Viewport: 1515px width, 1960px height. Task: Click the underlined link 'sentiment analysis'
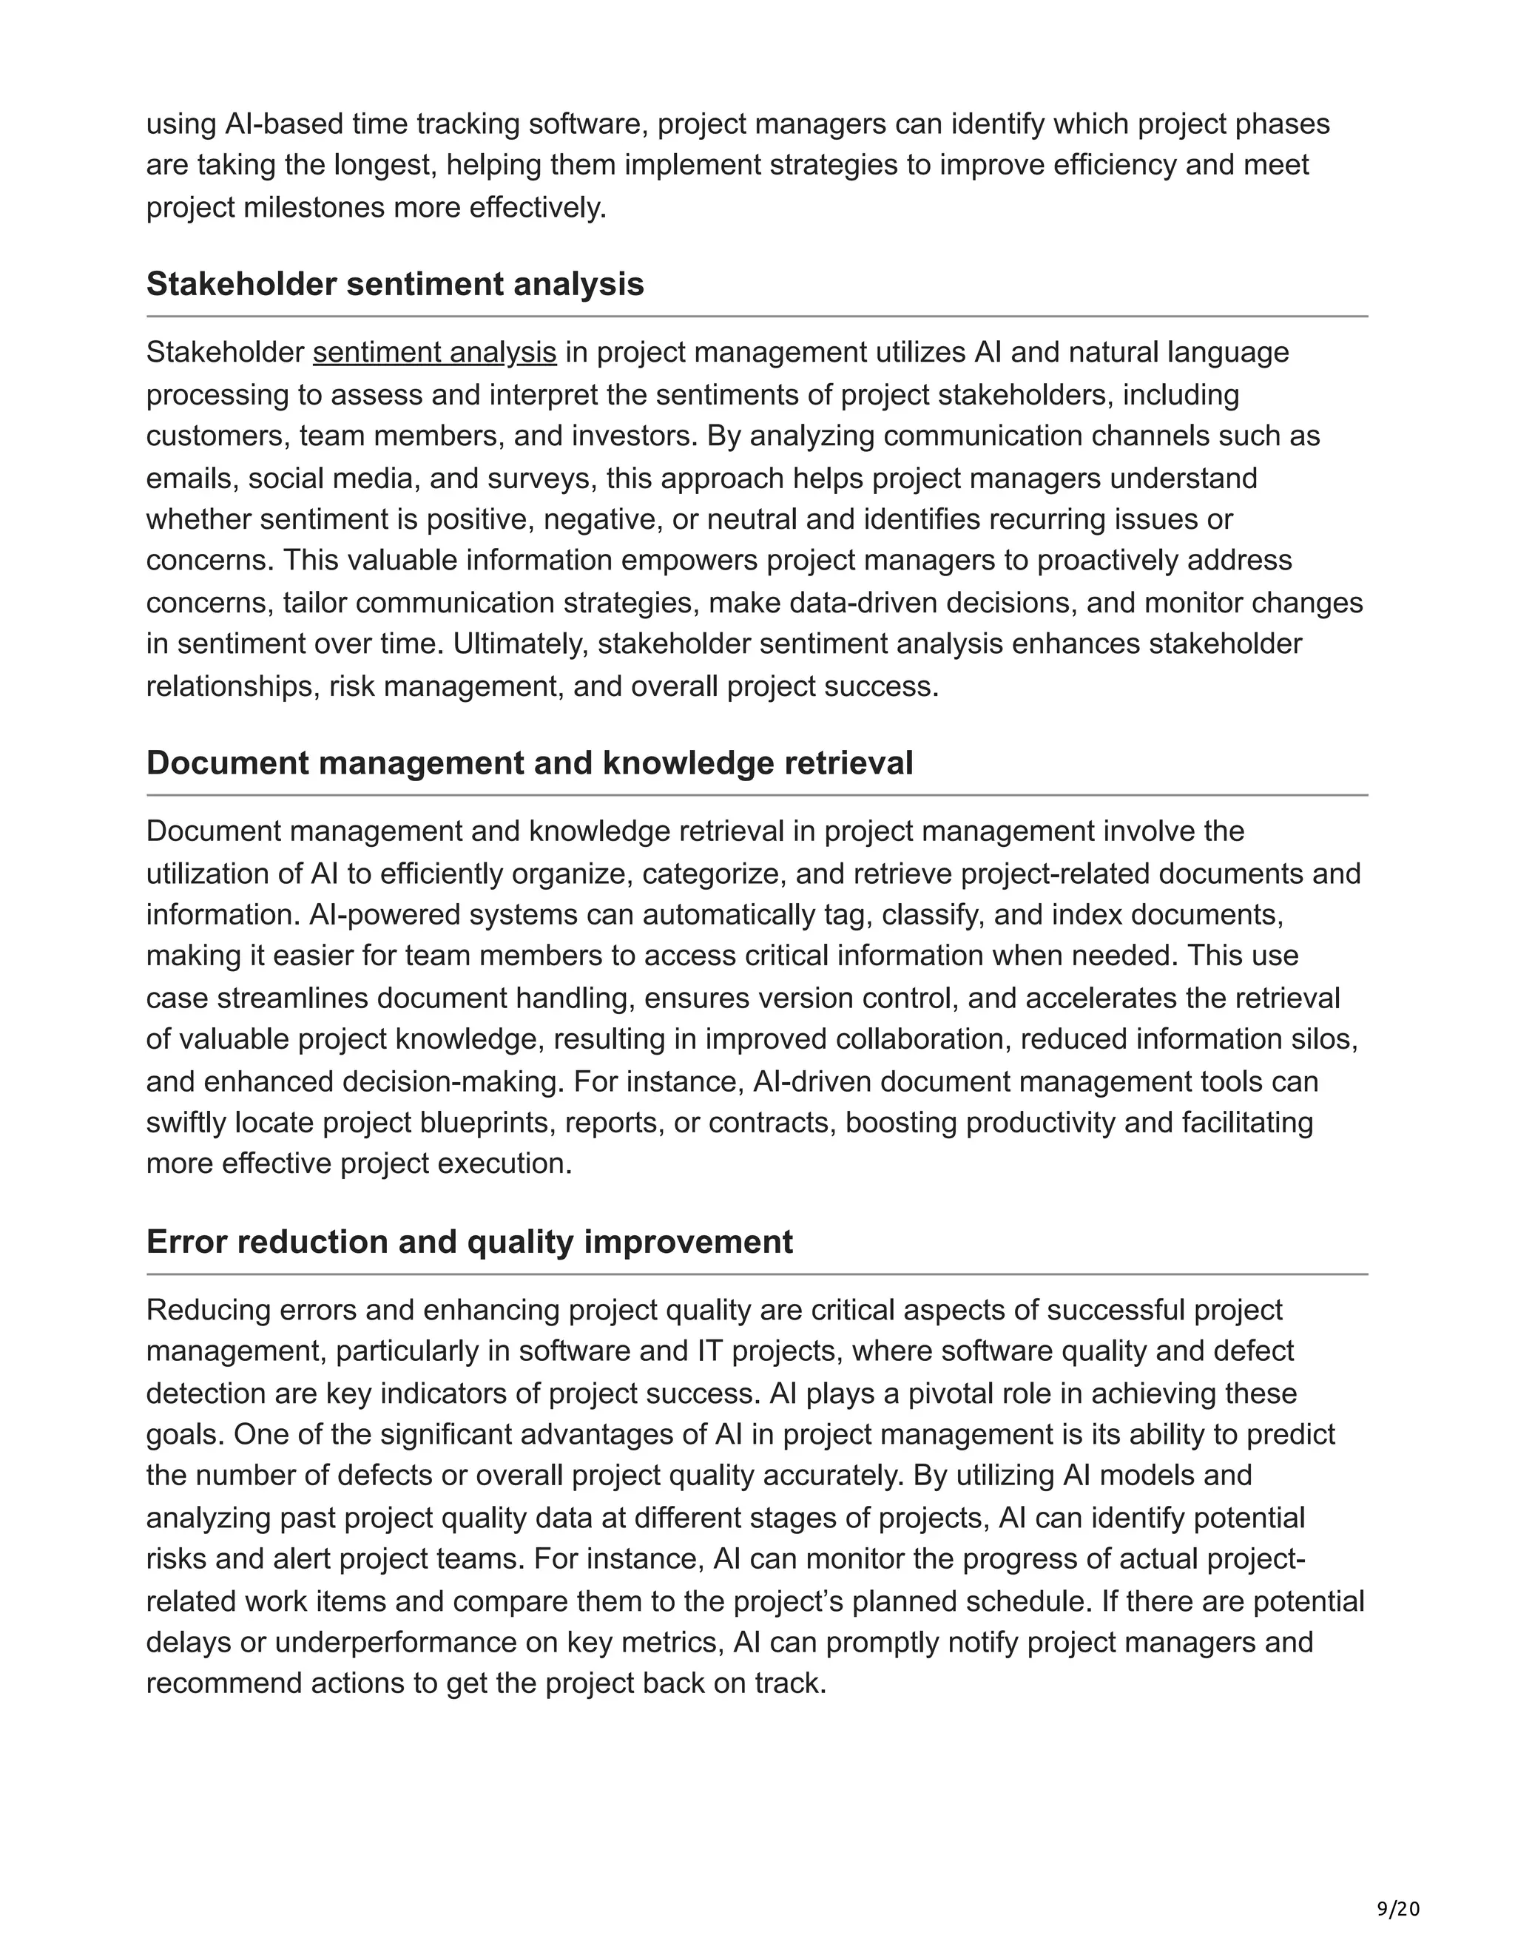pyautogui.click(x=434, y=353)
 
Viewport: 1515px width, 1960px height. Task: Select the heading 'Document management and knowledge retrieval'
pyautogui.click(x=530, y=763)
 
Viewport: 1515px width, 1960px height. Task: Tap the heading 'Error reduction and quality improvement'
pyautogui.click(x=470, y=1241)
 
